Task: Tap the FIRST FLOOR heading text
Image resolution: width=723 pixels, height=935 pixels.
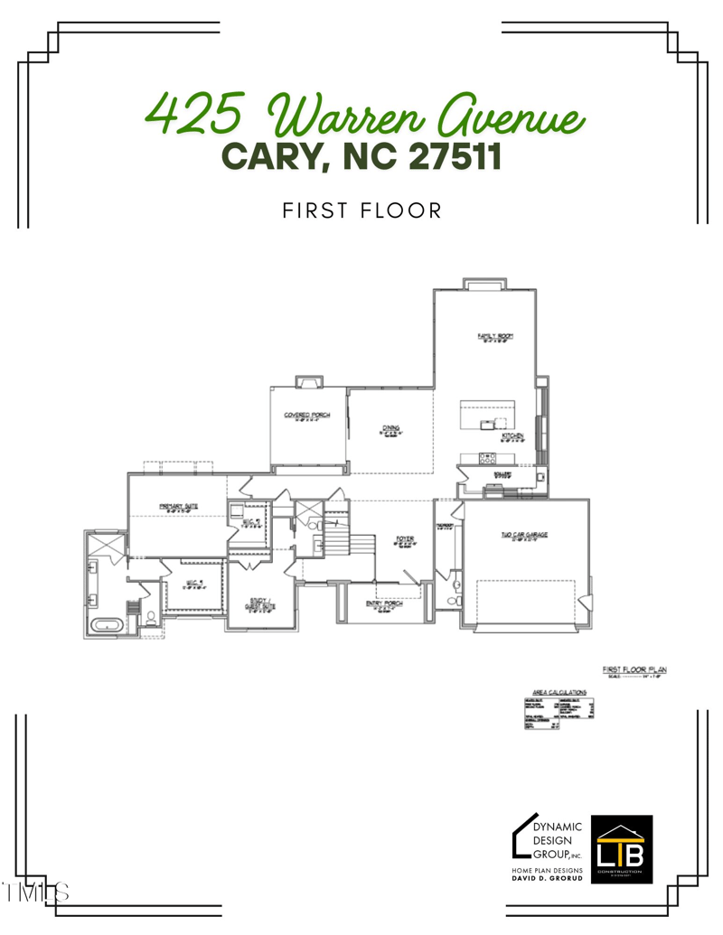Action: tap(361, 211)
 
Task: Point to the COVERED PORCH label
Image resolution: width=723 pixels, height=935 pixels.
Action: tap(307, 416)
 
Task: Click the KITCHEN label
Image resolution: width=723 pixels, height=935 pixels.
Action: tap(513, 436)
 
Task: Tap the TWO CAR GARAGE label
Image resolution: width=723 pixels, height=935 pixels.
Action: tap(524, 535)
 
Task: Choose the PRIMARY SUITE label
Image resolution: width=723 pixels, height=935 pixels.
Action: tap(178, 507)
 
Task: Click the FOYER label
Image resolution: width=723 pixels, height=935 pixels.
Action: tap(404, 540)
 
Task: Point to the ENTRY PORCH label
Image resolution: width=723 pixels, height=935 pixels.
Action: tap(384, 603)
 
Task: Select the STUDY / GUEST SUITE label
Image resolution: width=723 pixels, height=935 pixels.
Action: tap(261, 603)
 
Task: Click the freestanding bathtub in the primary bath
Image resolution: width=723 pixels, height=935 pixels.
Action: tap(108, 624)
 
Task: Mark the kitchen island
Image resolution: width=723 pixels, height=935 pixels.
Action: tap(487, 416)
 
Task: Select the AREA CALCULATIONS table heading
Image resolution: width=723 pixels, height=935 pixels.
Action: tap(560, 692)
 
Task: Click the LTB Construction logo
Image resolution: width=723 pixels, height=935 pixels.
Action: tap(621, 846)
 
